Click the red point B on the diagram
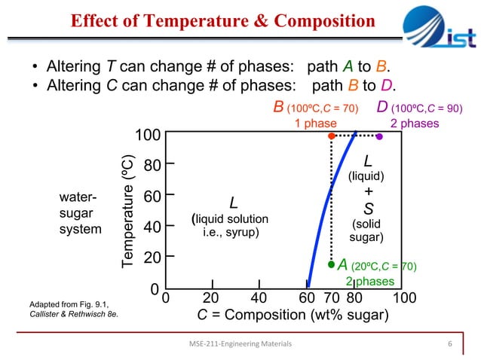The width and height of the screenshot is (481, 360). point(331,136)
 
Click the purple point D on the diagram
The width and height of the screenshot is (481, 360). point(379,136)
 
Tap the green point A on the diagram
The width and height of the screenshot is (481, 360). point(331,264)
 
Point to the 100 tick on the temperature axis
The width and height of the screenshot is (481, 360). point(147,136)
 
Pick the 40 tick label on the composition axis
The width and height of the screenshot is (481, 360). point(258,297)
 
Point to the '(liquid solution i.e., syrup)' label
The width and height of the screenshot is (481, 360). point(234,225)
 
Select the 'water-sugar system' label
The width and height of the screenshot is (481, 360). point(79,212)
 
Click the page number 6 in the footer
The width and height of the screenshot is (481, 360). point(449,344)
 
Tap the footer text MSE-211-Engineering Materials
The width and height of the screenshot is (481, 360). point(240,344)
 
